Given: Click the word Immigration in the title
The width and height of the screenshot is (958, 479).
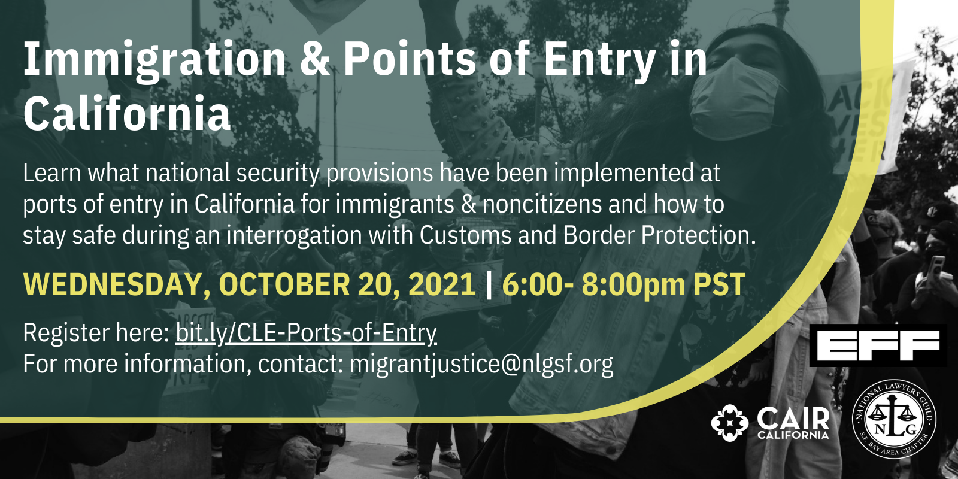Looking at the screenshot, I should pyautogui.click(x=154, y=60).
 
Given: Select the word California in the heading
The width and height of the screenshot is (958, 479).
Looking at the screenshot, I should pyautogui.click(x=127, y=114).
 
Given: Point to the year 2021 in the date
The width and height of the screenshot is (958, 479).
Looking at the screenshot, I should pyautogui.click(x=442, y=284).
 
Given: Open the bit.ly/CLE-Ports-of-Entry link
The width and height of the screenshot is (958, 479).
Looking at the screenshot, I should pyautogui.click(x=306, y=333).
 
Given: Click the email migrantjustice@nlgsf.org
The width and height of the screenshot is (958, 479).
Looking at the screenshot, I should pyautogui.click(x=481, y=364).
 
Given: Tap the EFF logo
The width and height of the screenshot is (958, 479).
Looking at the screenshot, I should pyautogui.click(x=878, y=345).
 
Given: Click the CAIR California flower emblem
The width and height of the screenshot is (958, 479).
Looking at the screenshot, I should pyautogui.click(x=730, y=423).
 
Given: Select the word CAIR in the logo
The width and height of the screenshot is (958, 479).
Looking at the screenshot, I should pyautogui.click(x=793, y=419).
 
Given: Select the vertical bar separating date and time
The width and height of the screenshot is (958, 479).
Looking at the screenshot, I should pyautogui.click(x=489, y=284).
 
